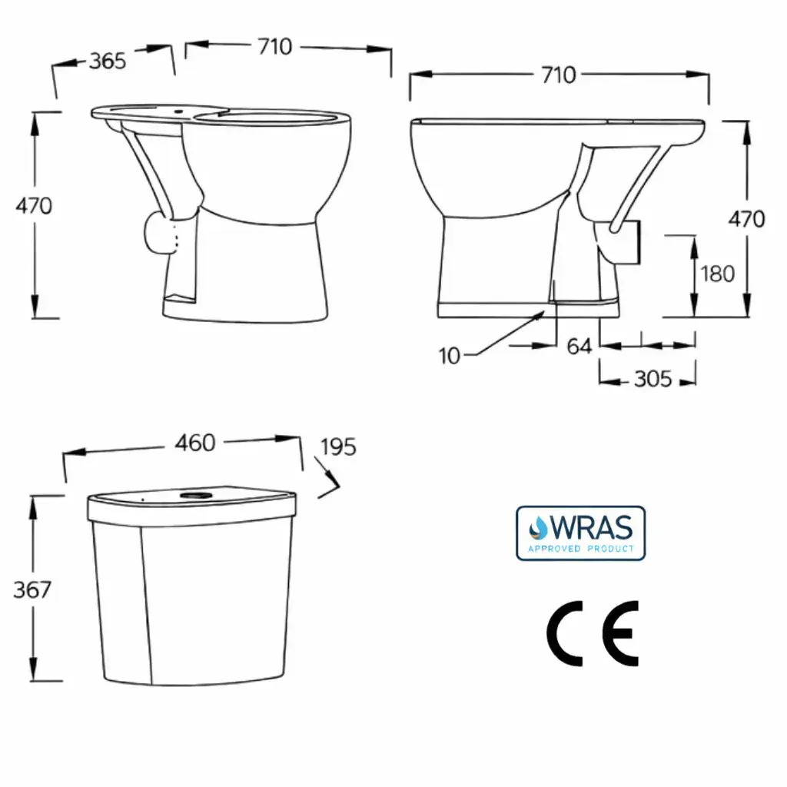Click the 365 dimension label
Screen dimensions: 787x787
pos(107,61)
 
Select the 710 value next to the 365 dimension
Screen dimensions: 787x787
pos(274,47)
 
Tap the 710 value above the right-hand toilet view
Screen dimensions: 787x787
pos(558,75)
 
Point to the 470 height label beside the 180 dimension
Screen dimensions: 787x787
pos(747,219)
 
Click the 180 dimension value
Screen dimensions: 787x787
pos(718,274)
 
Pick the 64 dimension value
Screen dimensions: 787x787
pos(579,347)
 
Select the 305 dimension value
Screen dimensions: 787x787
pos(653,379)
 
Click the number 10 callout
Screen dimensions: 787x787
pos(450,356)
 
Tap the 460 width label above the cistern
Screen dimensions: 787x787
pos(195,443)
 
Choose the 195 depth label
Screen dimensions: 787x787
pos(338,447)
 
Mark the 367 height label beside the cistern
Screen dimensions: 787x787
pos(32,589)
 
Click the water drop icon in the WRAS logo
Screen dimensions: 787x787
pos(536,527)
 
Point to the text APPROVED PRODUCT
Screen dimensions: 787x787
pos(581,549)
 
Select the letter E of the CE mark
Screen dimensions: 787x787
pos(619,633)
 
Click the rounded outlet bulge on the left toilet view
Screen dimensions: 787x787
pos(159,233)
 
